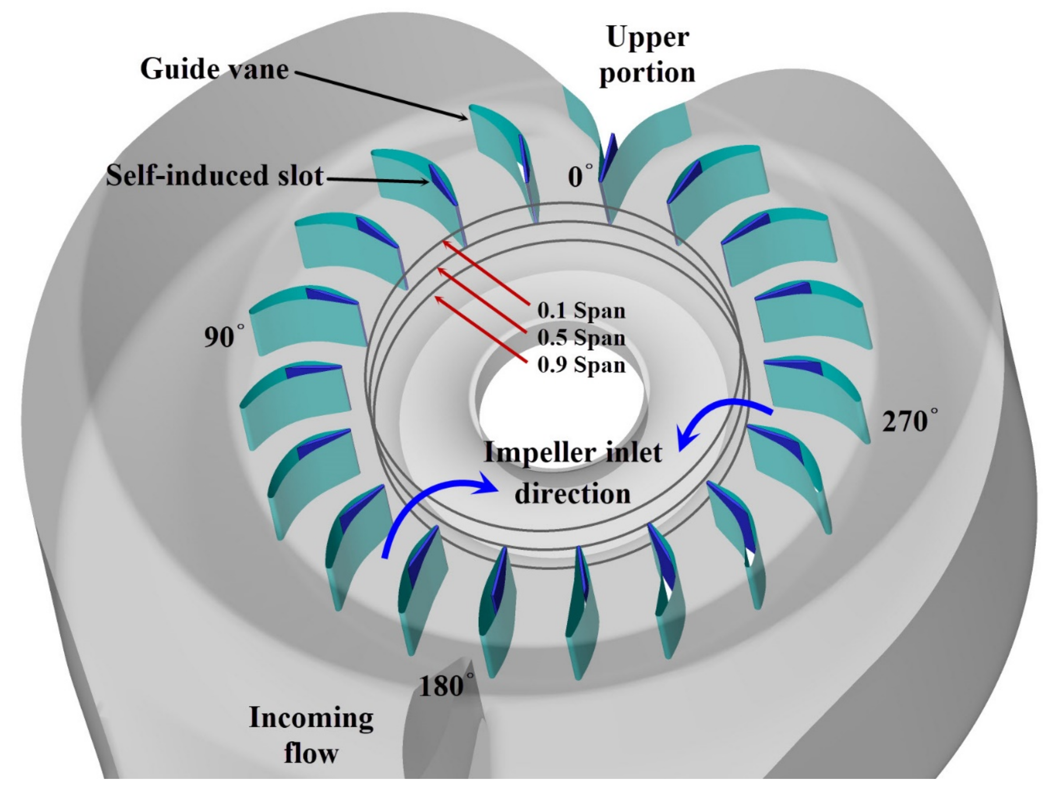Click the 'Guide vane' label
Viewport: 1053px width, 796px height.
[214, 69]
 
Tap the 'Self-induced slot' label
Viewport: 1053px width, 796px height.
[214, 175]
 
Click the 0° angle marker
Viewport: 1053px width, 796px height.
[580, 176]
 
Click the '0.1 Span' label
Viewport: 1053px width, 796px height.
[581, 311]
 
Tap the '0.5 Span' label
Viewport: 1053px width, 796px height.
[581, 338]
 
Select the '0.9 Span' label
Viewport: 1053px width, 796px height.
[581, 366]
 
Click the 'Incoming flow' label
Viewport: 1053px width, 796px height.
[311, 741]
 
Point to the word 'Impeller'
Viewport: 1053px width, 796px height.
[533, 452]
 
